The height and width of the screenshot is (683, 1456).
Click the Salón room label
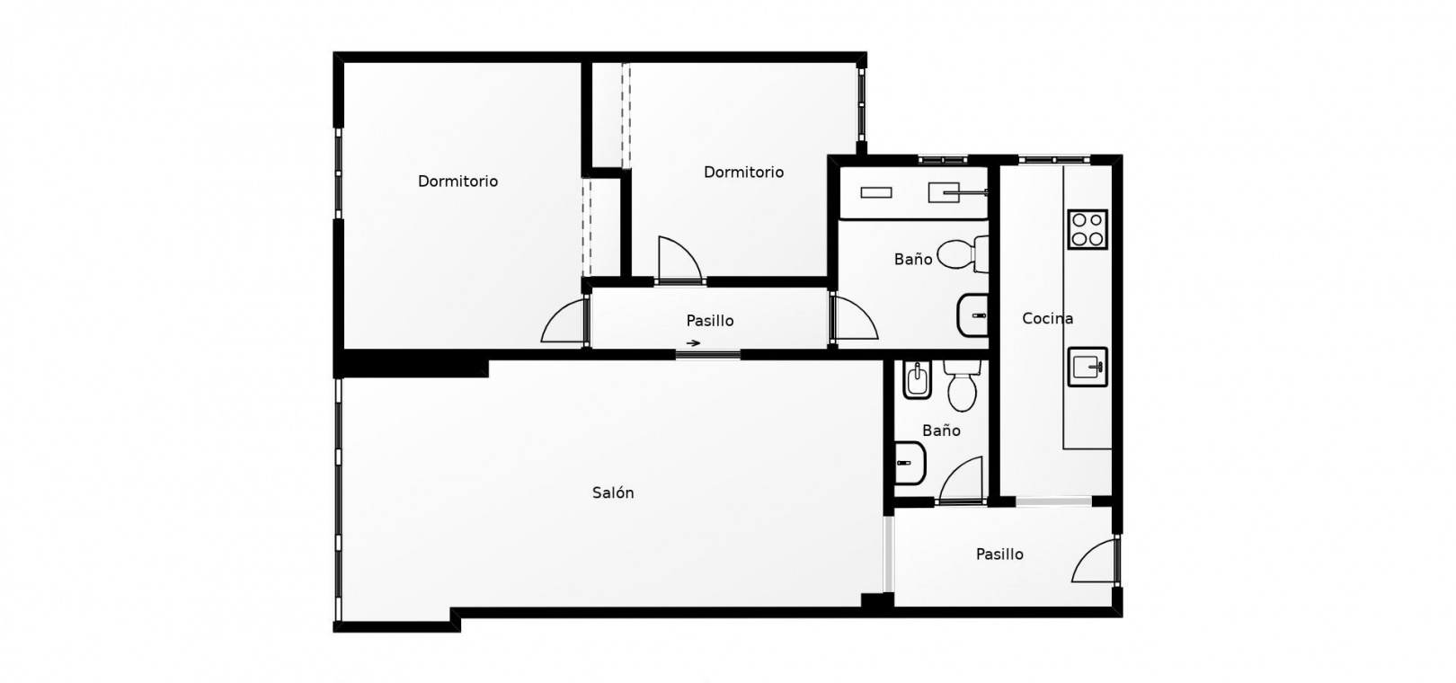[613, 492]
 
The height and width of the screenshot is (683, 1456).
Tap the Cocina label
[1047, 318]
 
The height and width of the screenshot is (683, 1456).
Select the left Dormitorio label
[457, 182]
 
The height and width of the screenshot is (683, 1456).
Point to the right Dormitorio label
[743, 173]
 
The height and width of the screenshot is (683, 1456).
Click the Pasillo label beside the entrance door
[999, 554]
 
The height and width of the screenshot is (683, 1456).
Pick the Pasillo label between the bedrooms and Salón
[710, 320]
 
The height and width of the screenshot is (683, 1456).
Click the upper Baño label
[913, 260]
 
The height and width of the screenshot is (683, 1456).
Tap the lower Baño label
[941, 430]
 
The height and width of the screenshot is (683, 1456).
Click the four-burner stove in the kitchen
[1088, 229]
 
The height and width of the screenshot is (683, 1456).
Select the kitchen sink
[1088, 367]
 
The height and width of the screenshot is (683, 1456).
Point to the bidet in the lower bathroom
[917, 379]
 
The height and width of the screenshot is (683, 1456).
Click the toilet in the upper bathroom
[963, 254]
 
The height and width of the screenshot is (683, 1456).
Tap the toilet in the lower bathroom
[962, 386]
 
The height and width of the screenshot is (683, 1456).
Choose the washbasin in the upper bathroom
[973, 315]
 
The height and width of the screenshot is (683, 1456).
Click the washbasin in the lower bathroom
[910, 464]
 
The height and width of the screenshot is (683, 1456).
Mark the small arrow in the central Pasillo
[694, 343]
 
